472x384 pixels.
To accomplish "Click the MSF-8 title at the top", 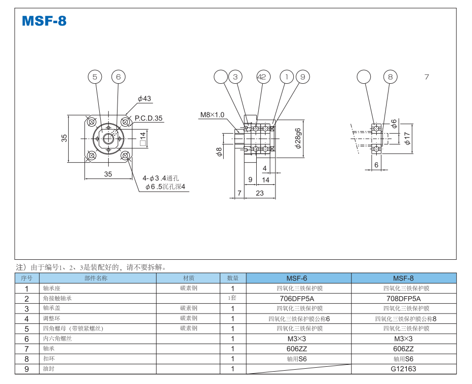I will click(44, 21).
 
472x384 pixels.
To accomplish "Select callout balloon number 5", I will click(95, 77).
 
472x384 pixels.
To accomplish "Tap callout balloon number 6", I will click(118, 77).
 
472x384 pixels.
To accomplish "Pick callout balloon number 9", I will click(303, 77).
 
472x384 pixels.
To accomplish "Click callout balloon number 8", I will click(391, 77).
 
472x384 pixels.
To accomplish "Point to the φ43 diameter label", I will click(144, 99).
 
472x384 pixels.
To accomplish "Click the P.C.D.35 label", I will click(149, 118).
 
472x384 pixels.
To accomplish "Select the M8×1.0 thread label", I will click(212, 115).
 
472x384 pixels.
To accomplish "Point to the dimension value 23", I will click(260, 193).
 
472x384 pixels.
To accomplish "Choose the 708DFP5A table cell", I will click(403, 298).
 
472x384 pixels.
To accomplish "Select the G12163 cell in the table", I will click(403, 369).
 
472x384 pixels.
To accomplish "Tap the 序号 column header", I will click(27, 278).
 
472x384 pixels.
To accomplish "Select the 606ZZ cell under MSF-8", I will click(403, 349).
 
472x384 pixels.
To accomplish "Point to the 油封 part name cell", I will click(49, 369).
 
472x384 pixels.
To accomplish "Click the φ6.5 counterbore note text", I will click(167, 187).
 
